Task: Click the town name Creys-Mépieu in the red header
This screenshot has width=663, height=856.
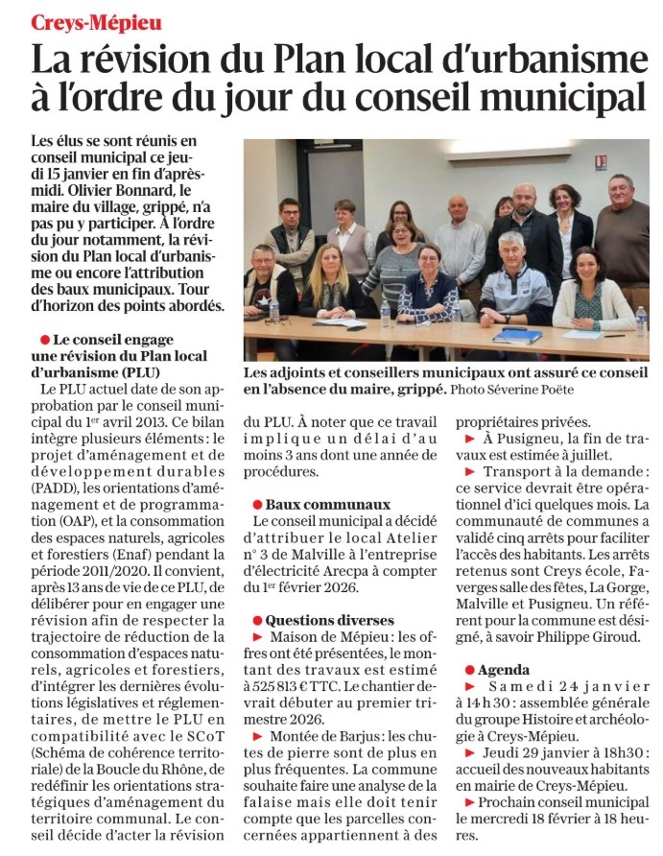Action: [97, 19]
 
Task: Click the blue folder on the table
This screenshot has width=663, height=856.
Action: [519, 336]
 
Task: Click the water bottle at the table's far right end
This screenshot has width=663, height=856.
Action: [640, 322]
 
